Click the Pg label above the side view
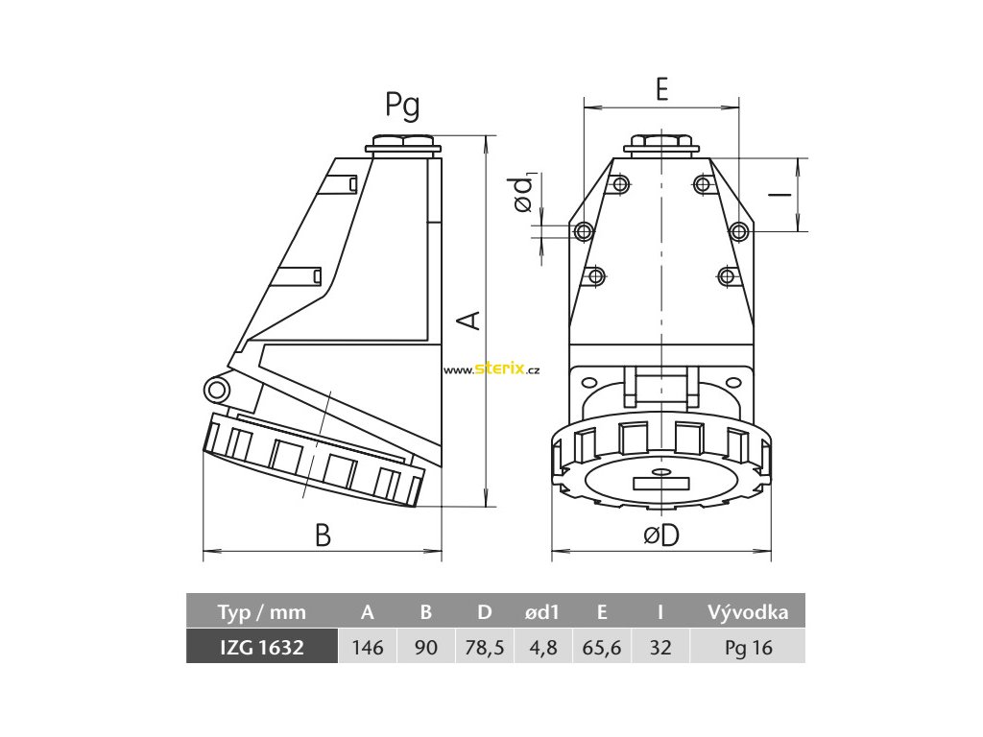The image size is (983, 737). pyautogui.click(x=402, y=107)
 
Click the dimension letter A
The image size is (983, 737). pyautogui.click(x=468, y=319)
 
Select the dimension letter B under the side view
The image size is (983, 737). pyautogui.click(x=323, y=535)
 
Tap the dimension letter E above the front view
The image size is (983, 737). pyautogui.click(x=661, y=89)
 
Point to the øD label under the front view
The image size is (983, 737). pyautogui.click(x=661, y=535)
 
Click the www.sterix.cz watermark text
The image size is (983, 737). pyautogui.click(x=493, y=369)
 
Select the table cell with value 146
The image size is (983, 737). pyautogui.click(x=368, y=648)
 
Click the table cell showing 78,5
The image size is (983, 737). pyautogui.click(x=485, y=648)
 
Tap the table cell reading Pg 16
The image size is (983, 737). pyautogui.click(x=748, y=648)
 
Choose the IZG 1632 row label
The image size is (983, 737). pyautogui.click(x=261, y=648)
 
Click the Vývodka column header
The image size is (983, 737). pyautogui.click(x=748, y=612)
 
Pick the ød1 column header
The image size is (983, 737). pyautogui.click(x=542, y=612)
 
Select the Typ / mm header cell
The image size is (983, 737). pyautogui.click(x=261, y=612)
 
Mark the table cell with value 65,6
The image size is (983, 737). pyautogui.click(x=602, y=648)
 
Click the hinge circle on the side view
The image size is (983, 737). pyautogui.click(x=217, y=389)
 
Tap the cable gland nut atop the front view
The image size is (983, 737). pyautogui.click(x=660, y=147)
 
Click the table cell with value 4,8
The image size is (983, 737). pyautogui.click(x=542, y=648)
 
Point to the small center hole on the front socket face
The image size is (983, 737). pyautogui.click(x=661, y=473)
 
